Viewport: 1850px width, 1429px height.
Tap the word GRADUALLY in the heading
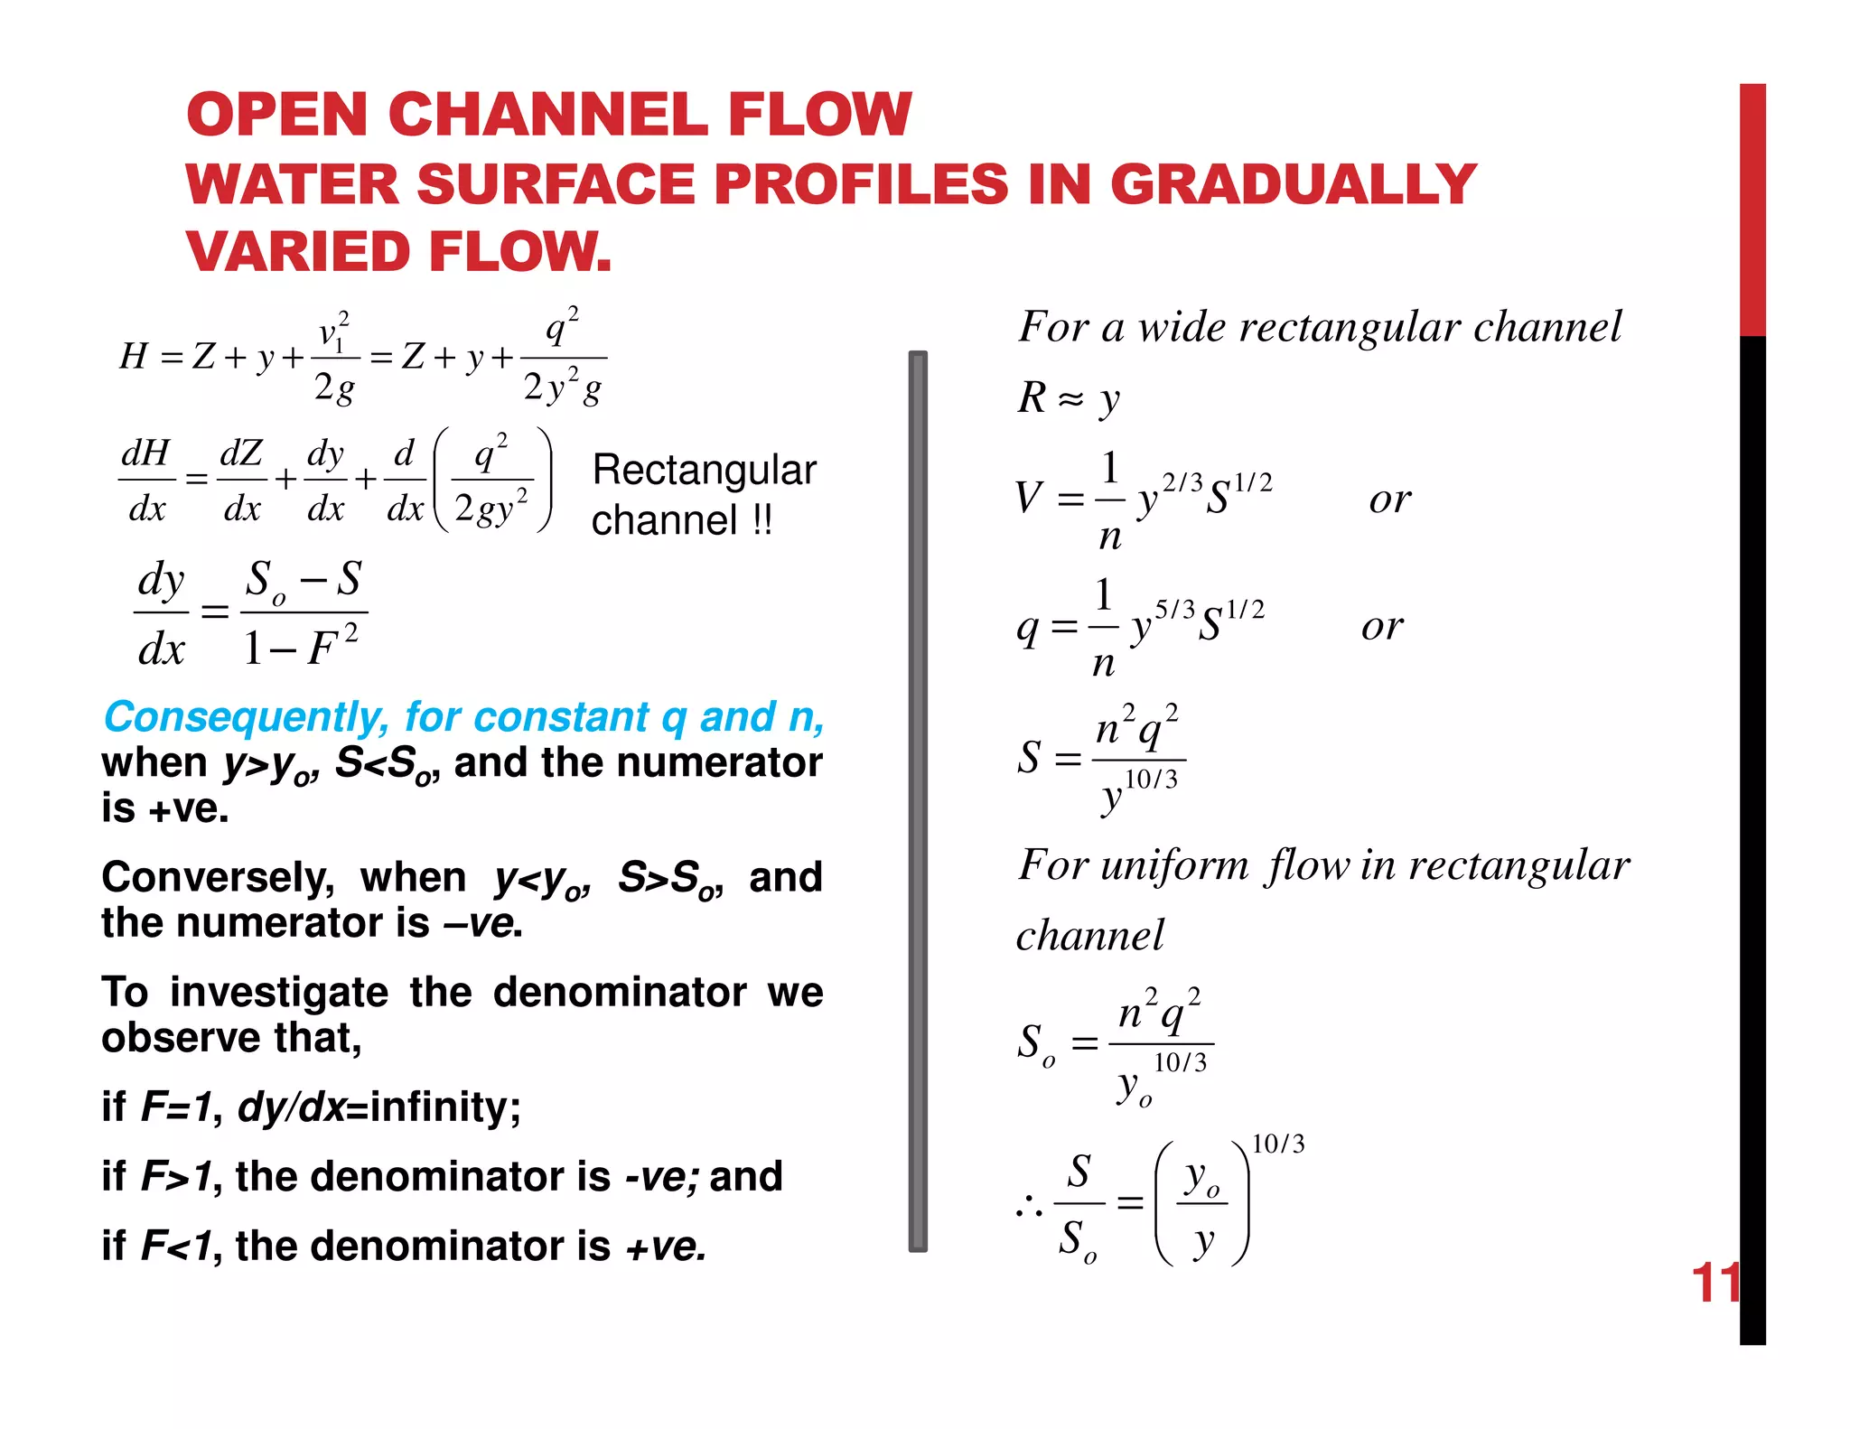1293,184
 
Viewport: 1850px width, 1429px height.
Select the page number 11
1715,1283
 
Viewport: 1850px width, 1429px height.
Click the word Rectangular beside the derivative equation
704,471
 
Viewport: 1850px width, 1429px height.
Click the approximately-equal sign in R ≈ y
1070,399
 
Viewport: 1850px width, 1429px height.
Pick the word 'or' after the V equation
1389,500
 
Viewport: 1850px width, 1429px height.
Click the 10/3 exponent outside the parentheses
1278,1144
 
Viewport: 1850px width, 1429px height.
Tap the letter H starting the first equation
134,357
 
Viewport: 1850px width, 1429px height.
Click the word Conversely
218,878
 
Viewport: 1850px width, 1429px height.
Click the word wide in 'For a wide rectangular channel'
1181,327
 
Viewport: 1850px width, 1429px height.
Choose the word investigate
279,993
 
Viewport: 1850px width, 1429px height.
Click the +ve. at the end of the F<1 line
666,1247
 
